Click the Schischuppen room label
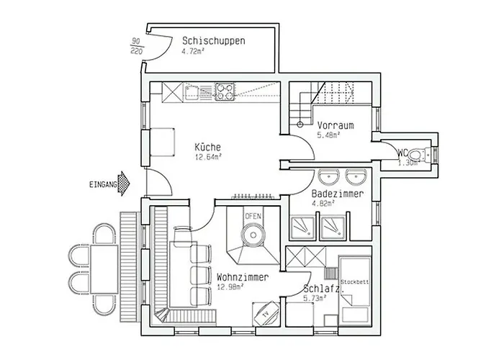[214, 41]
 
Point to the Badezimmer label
[337, 194]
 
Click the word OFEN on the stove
[253, 216]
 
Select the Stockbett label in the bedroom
[354, 282]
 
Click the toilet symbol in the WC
[430, 153]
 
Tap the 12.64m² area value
[207, 156]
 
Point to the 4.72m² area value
[196, 52]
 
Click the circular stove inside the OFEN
[253, 234]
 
